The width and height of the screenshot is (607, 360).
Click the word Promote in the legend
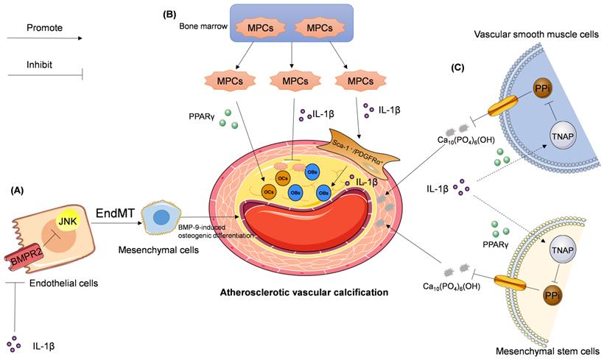44,29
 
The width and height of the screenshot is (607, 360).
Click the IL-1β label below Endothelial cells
47,344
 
